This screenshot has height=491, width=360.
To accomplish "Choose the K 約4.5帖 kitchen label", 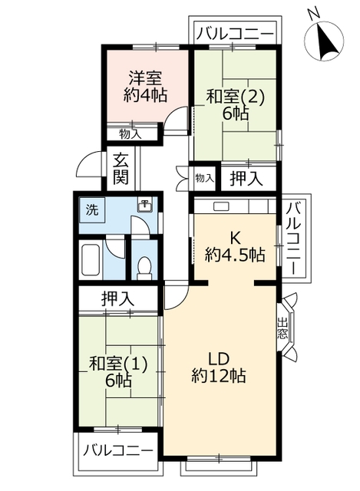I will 234,245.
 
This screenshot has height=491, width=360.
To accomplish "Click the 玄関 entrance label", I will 121,169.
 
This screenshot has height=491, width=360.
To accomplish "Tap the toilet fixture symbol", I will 144,266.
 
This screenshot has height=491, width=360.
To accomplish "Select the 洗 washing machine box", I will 91,209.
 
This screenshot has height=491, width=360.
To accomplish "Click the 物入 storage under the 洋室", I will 130,134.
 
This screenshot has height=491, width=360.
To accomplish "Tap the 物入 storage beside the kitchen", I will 204,178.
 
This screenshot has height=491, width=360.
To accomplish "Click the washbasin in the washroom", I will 144,204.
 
